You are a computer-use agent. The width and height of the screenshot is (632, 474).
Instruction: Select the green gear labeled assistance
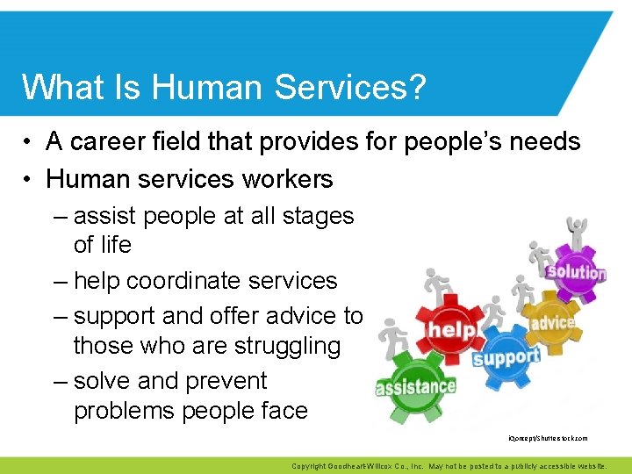coord(415,387)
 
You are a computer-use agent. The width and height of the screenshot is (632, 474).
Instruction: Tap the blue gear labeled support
coord(506,357)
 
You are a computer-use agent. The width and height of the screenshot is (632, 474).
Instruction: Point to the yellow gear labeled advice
coord(551,323)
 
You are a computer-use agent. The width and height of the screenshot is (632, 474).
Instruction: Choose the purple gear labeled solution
coord(576,272)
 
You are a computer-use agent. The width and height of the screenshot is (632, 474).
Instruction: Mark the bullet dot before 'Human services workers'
coord(29,180)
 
